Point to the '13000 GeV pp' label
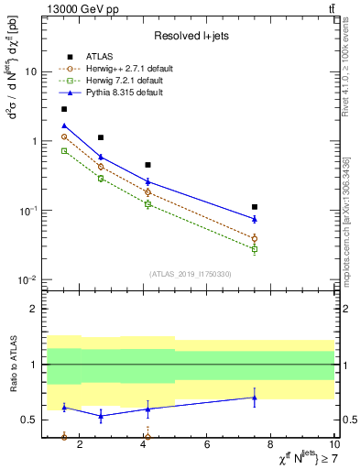click(75, 8)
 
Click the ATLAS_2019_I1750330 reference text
click(190, 274)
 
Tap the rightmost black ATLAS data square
click(255, 207)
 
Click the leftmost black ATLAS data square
click(64, 109)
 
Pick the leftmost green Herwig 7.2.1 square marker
click(64, 150)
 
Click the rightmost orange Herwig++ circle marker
click(255, 238)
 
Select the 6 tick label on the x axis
click(208, 445)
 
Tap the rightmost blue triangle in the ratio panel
click(255, 398)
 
